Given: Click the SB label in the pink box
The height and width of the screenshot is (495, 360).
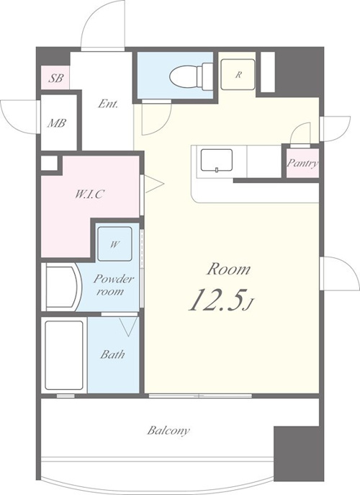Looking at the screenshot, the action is (x=56, y=78).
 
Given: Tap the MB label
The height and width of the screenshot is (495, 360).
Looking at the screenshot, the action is (x=57, y=123).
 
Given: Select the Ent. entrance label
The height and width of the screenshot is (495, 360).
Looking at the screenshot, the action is (x=107, y=104).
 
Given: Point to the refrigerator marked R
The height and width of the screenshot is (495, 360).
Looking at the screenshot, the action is (x=238, y=74).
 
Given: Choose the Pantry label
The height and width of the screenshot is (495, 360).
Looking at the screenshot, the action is (x=302, y=164).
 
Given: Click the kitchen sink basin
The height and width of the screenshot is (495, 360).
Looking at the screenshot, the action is (x=217, y=161).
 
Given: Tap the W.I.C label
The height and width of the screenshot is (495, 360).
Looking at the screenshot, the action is (x=89, y=194).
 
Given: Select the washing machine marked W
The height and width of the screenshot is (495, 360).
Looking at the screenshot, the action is (x=114, y=244).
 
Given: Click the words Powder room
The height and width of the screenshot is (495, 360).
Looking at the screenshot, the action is (x=113, y=285).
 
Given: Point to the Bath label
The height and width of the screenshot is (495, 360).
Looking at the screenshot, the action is (x=112, y=354).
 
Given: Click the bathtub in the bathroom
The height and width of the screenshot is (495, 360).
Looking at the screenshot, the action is (x=64, y=355).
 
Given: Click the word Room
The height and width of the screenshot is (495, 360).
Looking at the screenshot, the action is (x=228, y=269).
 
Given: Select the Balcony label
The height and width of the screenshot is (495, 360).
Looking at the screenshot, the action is (x=168, y=431).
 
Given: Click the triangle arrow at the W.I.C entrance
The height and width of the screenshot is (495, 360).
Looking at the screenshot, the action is (x=154, y=184).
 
